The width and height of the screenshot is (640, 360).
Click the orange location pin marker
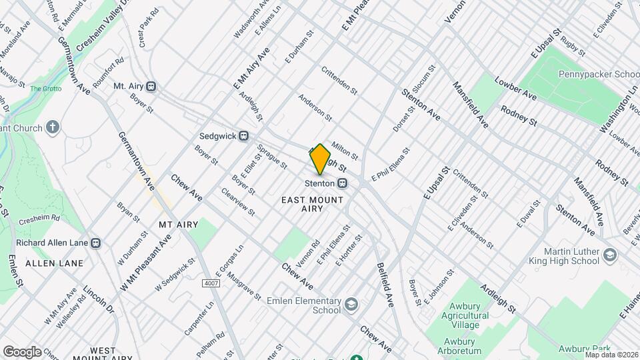click(x=320, y=159)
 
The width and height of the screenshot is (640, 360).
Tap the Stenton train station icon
click(x=342, y=183)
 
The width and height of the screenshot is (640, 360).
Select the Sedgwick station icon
click(x=244, y=135)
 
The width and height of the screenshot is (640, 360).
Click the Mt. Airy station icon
click(x=152, y=86)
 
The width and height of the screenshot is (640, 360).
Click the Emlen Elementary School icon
click(x=351, y=305)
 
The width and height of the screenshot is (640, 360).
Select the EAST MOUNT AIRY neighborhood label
click(x=312, y=204)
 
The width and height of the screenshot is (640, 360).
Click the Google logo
click(x=22, y=352)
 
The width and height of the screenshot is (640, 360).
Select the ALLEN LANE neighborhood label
click(x=55, y=263)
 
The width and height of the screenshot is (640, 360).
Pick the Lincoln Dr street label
click(x=99, y=301)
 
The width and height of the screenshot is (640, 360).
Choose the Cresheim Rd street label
click(x=58, y=218)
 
